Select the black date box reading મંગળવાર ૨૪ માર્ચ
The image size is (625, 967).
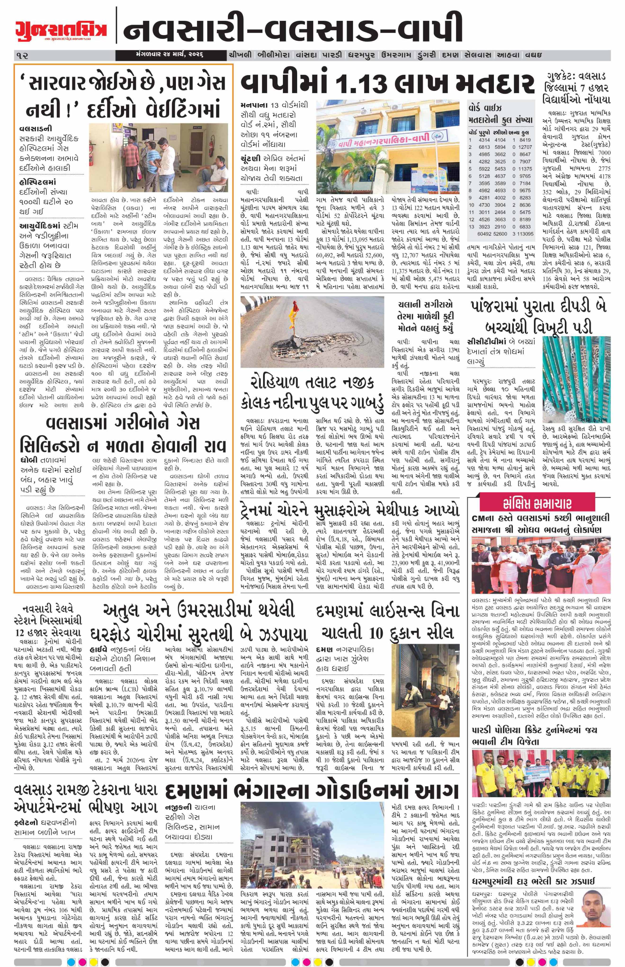pyautogui.click(x=170, y=55)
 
